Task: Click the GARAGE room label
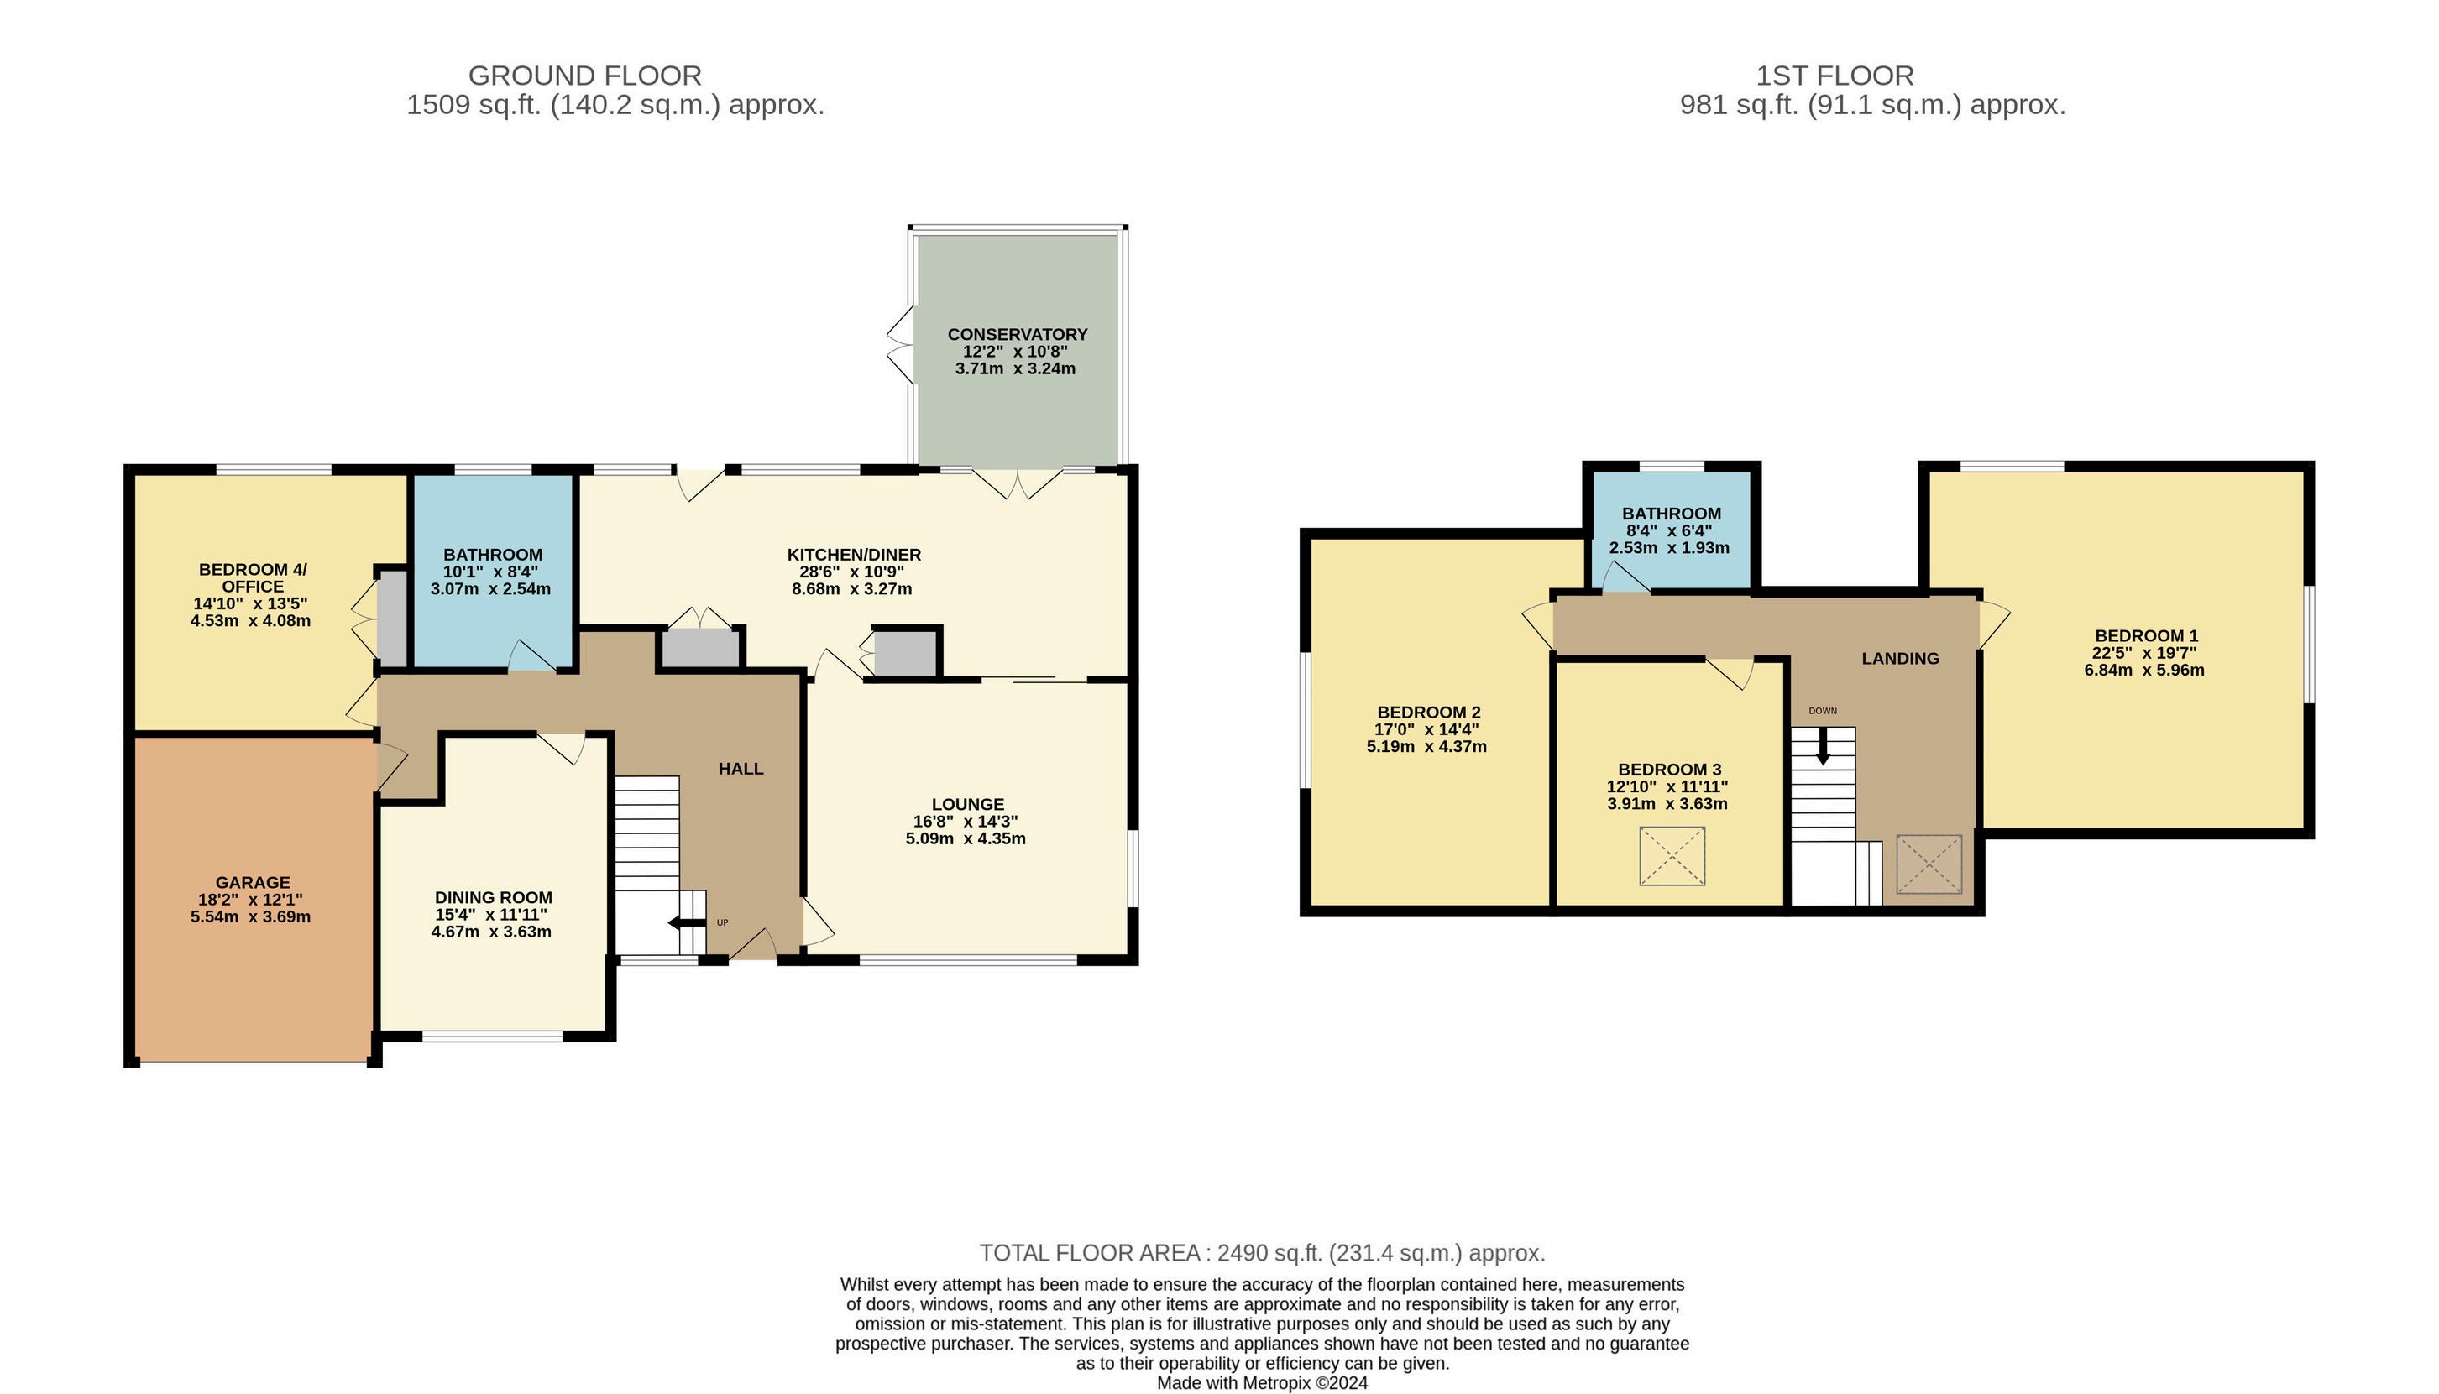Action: (253, 883)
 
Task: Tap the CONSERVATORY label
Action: (1017, 334)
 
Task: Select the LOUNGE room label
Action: (968, 804)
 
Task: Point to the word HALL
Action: (741, 769)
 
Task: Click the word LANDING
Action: (1900, 659)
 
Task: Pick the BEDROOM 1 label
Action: (2146, 635)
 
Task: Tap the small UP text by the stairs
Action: (723, 923)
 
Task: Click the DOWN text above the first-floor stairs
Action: (1822, 710)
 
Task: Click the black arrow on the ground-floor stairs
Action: (687, 923)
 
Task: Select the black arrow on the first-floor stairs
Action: (1822, 746)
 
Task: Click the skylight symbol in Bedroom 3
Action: (1672, 856)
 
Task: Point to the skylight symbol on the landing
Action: (1929, 864)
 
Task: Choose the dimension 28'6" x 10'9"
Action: (852, 572)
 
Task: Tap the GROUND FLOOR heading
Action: (585, 76)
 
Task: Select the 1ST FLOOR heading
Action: (1834, 76)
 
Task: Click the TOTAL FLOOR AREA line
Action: (1262, 1252)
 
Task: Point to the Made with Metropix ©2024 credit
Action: (1262, 1382)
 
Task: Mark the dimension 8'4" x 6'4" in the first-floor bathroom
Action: (1670, 530)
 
